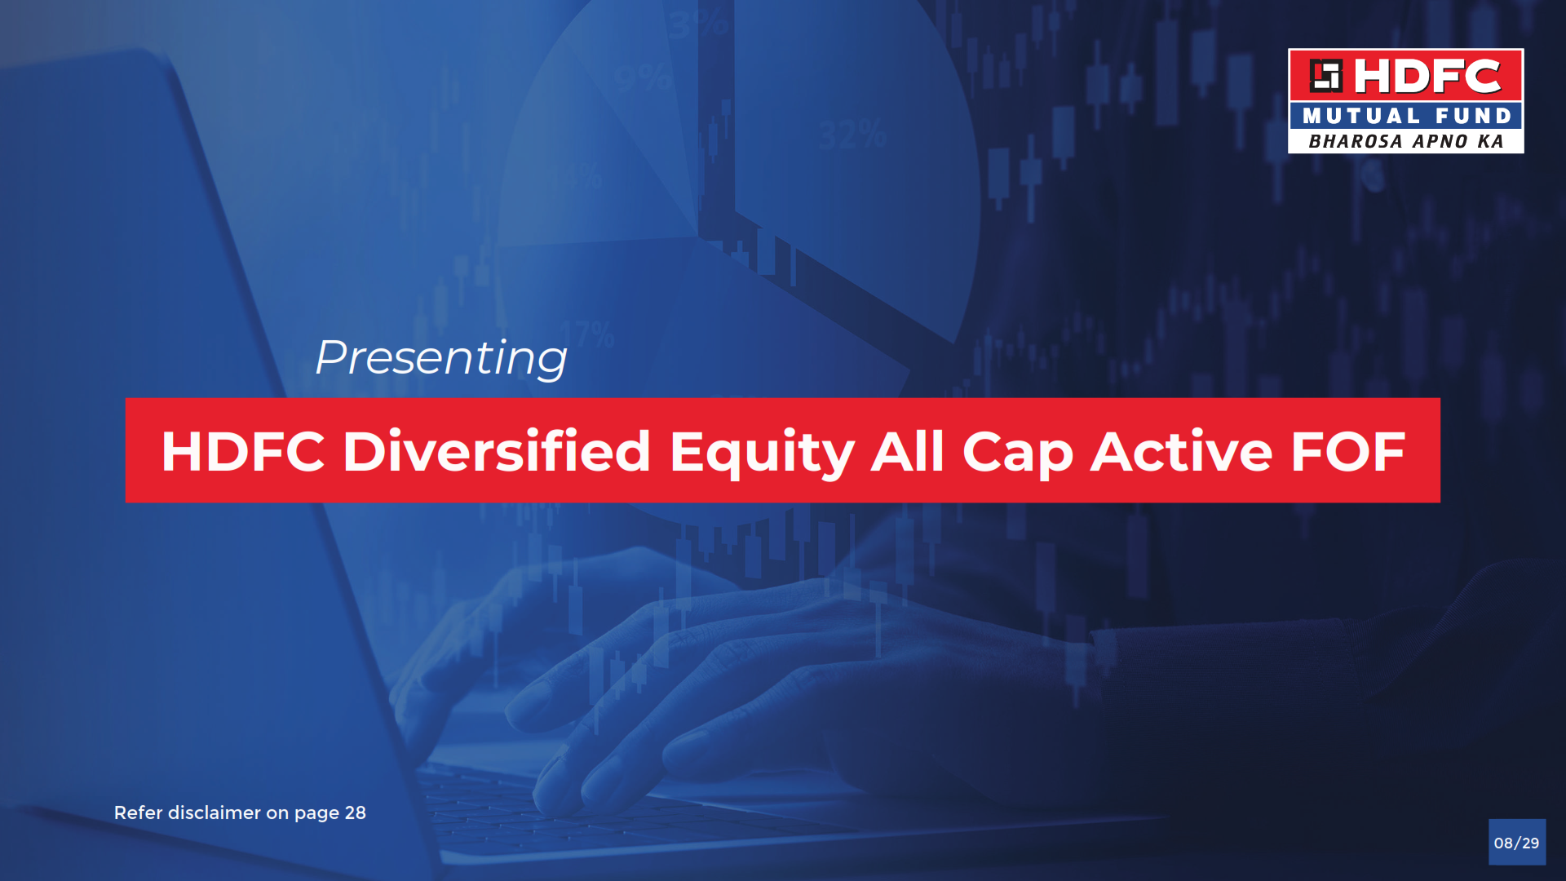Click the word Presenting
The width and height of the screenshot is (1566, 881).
(x=441, y=358)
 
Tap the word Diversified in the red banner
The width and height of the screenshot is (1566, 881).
(x=497, y=451)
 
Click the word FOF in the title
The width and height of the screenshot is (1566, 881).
(x=1348, y=451)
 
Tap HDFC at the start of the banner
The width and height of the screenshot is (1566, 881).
(x=243, y=451)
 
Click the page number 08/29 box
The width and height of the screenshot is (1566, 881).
(x=1517, y=842)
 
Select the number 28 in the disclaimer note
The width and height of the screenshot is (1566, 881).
(x=356, y=812)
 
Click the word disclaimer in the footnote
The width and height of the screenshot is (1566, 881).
(x=215, y=812)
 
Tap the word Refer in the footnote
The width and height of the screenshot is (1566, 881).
(x=139, y=812)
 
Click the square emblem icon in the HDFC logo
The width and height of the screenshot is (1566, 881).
(x=1325, y=76)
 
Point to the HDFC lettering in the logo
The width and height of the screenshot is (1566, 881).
(x=1427, y=76)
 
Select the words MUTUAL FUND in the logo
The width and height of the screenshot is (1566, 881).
(x=1407, y=116)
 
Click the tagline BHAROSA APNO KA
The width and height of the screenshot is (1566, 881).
(x=1406, y=142)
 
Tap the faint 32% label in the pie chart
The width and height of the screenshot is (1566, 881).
(x=853, y=134)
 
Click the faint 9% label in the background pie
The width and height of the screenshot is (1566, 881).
(x=644, y=78)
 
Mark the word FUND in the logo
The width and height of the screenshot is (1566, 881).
(x=1474, y=116)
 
